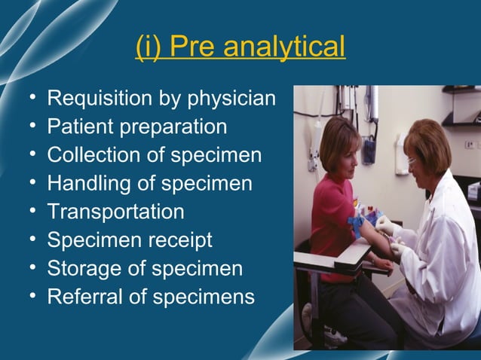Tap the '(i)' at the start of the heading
pyautogui.click(x=148, y=47)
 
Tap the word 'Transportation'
pyautogui.click(x=115, y=212)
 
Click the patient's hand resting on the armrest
pyautogui.click(x=381, y=263)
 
